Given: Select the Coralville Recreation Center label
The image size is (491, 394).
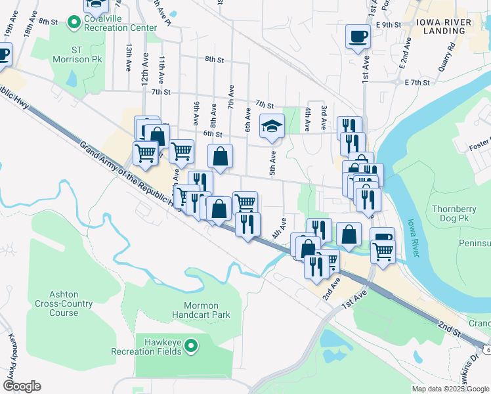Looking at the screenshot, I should tap(120, 28).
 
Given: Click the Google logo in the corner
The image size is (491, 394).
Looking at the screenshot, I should tap(22, 386).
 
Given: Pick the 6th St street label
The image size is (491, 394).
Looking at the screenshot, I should tap(213, 133).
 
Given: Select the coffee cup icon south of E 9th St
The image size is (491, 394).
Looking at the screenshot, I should tap(358, 37).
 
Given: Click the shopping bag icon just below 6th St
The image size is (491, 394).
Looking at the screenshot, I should tap(221, 157).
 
